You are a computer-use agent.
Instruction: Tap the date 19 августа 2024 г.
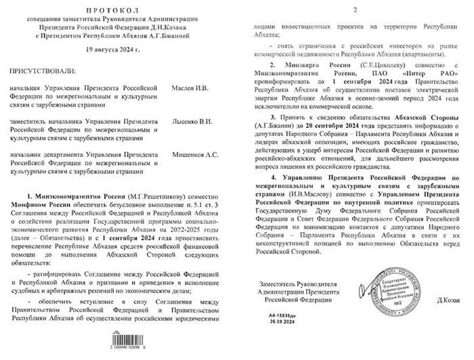pos(119,50)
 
